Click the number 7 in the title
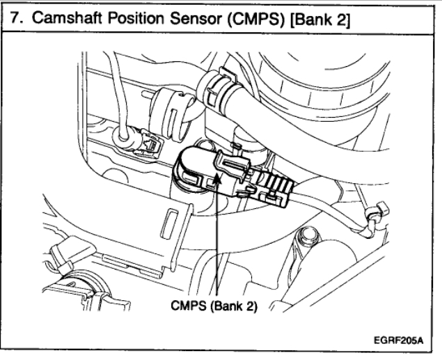coord(14,16)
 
